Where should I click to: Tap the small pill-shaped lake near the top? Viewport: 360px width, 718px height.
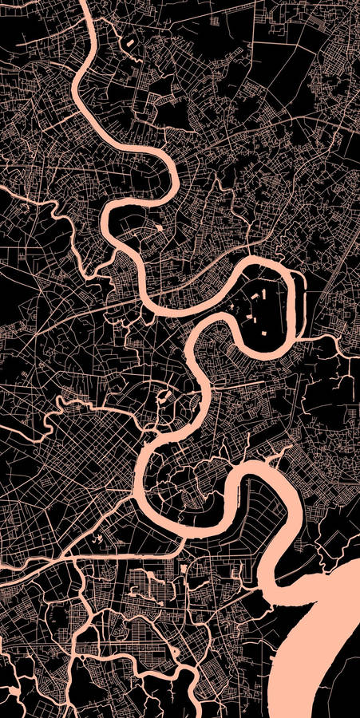(129, 39)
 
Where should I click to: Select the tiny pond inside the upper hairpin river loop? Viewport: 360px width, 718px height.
(158, 228)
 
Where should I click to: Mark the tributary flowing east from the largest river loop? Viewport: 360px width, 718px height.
(327, 338)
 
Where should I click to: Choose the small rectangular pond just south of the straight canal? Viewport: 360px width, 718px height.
(184, 569)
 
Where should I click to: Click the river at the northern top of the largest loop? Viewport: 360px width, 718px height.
(263, 264)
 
